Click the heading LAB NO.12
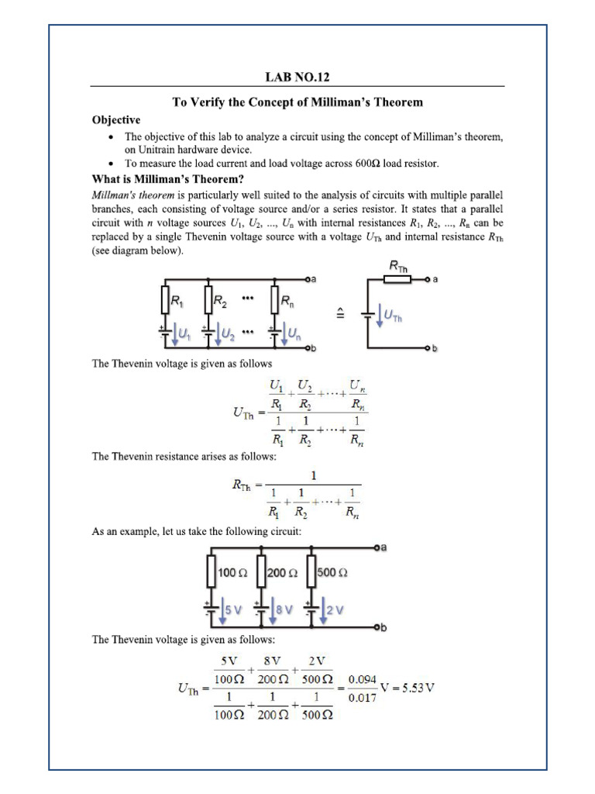point(297,77)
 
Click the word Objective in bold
point(116,119)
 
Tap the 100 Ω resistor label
point(232,573)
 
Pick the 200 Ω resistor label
point(282,573)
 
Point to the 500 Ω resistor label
point(332,573)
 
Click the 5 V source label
point(233,609)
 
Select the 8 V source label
point(284,609)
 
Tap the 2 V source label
point(334,609)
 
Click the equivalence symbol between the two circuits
point(339,313)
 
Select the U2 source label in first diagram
point(227,333)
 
